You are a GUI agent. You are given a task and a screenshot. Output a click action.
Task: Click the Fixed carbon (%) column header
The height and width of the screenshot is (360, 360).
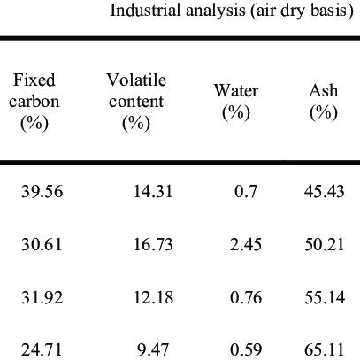37,102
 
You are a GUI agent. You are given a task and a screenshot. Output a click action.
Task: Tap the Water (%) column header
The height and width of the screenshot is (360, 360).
234,102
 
